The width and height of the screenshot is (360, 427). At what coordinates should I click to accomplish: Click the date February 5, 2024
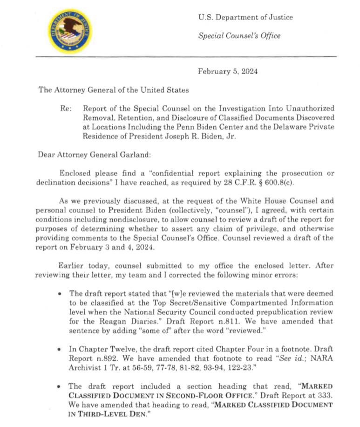[228, 71]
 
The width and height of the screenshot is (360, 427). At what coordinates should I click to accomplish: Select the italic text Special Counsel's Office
[239, 35]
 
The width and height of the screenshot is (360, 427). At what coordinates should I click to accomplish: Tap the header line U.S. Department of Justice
[245, 18]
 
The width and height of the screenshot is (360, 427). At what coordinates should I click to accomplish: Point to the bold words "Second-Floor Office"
[155, 396]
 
